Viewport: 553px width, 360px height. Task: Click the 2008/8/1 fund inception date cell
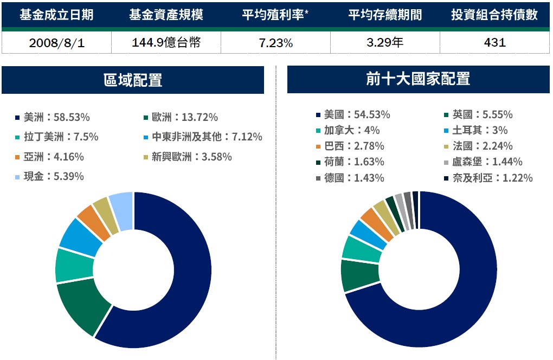click(x=56, y=43)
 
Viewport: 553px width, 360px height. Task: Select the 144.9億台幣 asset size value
click(x=166, y=43)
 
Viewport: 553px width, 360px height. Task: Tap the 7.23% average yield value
click(x=275, y=43)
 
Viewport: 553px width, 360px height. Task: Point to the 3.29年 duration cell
click(x=384, y=43)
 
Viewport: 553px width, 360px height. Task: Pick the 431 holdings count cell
click(x=494, y=43)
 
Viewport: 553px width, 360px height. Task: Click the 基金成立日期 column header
click(x=56, y=15)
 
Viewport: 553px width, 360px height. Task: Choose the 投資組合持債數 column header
click(x=494, y=15)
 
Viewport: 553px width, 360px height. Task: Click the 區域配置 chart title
click(x=133, y=80)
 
